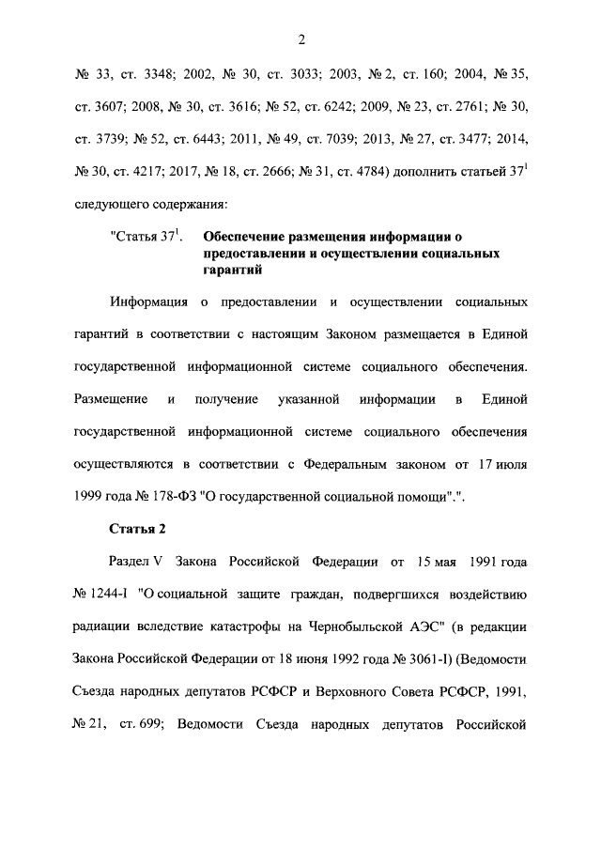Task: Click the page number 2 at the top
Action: click(x=300, y=39)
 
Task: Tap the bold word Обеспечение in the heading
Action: click(x=248, y=239)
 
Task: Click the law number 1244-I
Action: click(x=106, y=595)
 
